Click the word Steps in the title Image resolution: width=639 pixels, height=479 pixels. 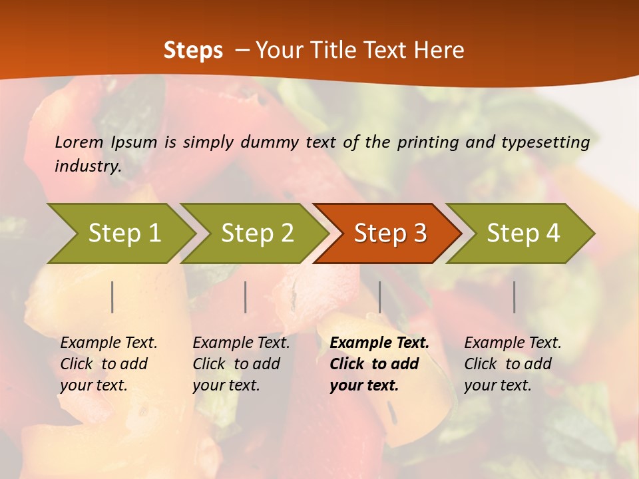click(193, 50)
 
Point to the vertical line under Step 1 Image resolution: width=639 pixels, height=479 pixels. click(112, 297)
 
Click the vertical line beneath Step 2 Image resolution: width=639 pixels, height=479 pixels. click(246, 297)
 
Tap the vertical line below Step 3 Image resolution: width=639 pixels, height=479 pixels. click(379, 297)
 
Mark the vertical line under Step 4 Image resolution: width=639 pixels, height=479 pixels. click(515, 297)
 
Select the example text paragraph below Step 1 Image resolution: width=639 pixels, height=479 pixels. click(108, 363)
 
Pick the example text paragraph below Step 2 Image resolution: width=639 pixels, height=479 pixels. click(241, 363)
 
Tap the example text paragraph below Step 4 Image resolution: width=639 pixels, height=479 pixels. click(513, 363)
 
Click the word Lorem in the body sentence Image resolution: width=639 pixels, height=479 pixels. click(79, 142)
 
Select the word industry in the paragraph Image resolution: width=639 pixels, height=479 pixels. click(87, 166)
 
